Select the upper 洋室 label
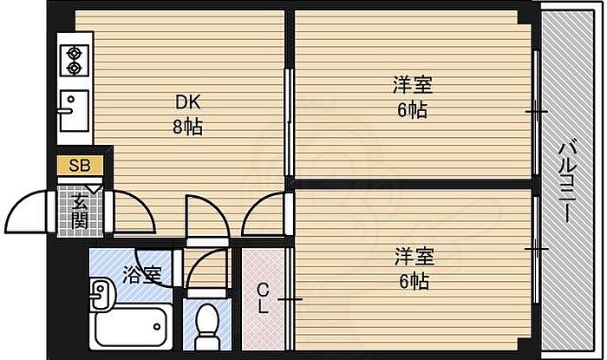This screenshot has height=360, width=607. click(x=412, y=87)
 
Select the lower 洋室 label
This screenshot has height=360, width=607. click(x=414, y=258)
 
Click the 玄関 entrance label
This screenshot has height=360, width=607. click(x=80, y=211)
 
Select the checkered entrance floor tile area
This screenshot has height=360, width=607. click(x=80, y=211)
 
